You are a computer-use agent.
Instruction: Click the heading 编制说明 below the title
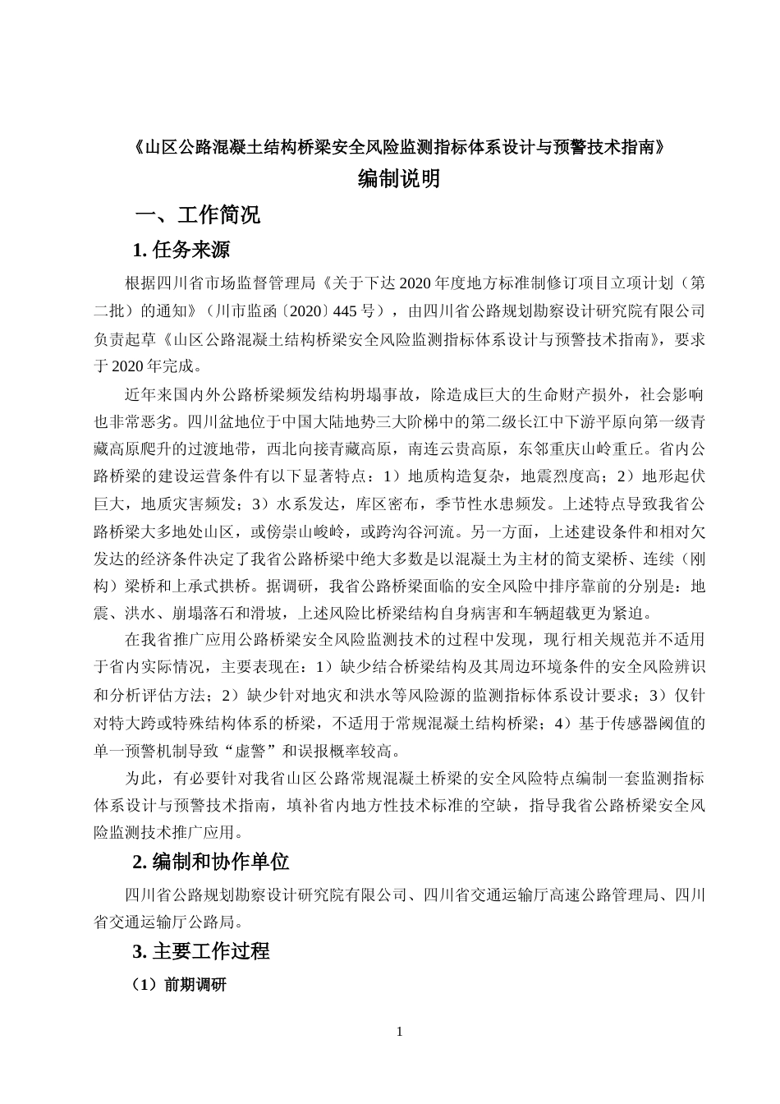(399, 178)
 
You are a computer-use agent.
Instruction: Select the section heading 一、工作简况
(198, 215)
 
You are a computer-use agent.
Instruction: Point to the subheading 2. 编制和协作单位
(211, 862)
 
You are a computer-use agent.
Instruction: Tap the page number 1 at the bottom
(399, 1032)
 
